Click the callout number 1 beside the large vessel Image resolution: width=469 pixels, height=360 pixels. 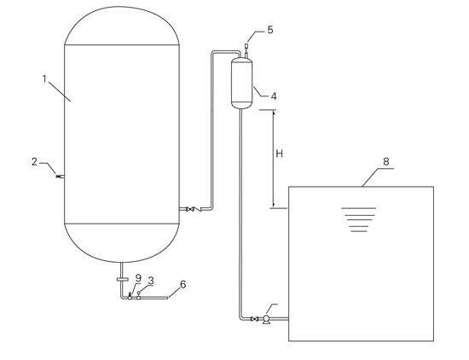coord(44,79)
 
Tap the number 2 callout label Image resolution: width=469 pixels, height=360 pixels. coord(35,162)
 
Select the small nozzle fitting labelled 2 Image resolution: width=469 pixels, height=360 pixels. coord(61,177)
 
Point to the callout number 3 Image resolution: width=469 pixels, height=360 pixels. coord(151,281)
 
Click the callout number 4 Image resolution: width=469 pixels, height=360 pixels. coord(274,96)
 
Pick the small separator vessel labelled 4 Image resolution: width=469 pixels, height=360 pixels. coord(242,84)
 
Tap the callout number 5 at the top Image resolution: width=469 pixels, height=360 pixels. coord(270,30)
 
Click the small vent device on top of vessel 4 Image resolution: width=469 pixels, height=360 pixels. coord(246,50)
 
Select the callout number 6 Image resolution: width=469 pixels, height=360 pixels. coord(183,284)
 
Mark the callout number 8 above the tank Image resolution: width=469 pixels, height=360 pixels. coord(385,161)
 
